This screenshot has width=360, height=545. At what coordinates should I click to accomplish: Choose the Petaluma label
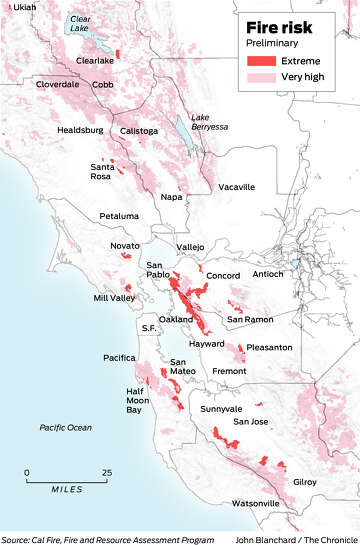click(x=119, y=216)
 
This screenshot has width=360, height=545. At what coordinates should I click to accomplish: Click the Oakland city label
click(x=176, y=319)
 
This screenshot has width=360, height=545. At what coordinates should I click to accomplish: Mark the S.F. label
click(x=149, y=328)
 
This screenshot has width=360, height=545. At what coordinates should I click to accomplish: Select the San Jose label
click(x=250, y=421)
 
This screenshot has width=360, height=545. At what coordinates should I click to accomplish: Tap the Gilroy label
click(x=304, y=481)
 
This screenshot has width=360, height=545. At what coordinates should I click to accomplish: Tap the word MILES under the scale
click(x=67, y=490)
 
